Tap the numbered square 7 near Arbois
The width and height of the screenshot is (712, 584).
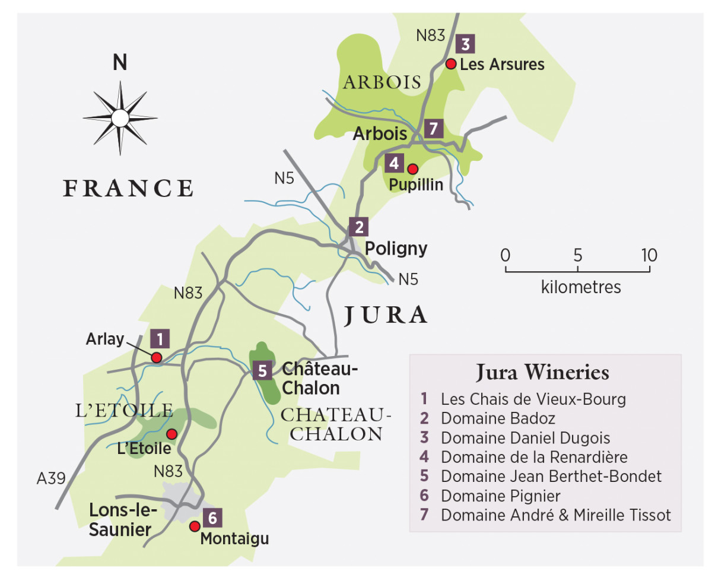pyautogui.click(x=434, y=128)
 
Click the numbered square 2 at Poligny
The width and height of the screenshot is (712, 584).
pyautogui.click(x=358, y=227)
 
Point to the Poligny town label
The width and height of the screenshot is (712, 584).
pyautogui.click(x=396, y=248)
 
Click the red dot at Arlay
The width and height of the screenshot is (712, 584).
pyautogui.click(x=157, y=357)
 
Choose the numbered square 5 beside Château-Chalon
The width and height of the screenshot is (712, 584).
pyautogui.click(x=262, y=371)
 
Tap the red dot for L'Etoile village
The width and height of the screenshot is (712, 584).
pyautogui.click(x=171, y=433)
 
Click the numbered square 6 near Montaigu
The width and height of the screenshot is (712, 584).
pyautogui.click(x=212, y=518)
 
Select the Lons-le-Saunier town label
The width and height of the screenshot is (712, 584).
pyautogui.click(x=123, y=519)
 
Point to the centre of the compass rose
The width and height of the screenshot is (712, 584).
pyautogui.click(x=120, y=118)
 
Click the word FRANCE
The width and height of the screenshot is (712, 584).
pyautogui.click(x=129, y=188)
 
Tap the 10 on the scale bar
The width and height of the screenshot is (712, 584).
pyautogui.click(x=649, y=255)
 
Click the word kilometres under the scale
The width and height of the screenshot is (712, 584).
pyautogui.click(x=580, y=287)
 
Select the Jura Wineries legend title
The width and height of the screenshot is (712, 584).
pyautogui.click(x=542, y=373)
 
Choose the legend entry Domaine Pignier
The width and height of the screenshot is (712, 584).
pyautogui.click(x=500, y=495)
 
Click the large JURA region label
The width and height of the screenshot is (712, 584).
pyautogui.click(x=386, y=316)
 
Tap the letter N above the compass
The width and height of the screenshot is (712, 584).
pyautogui.click(x=120, y=63)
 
